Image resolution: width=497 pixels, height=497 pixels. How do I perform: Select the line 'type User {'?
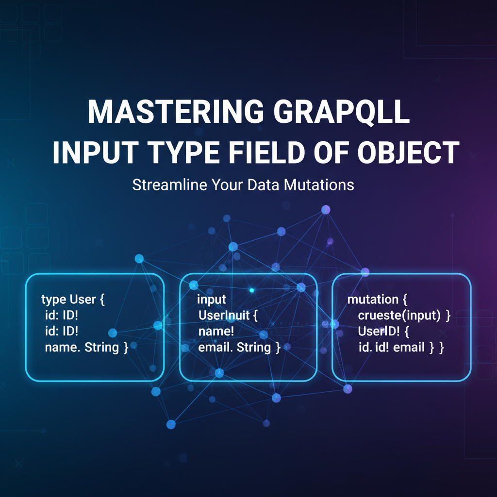[73, 299]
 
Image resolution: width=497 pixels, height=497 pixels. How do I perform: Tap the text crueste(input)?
[398, 315]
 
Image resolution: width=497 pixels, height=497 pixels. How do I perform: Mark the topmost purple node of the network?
[326, 210]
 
